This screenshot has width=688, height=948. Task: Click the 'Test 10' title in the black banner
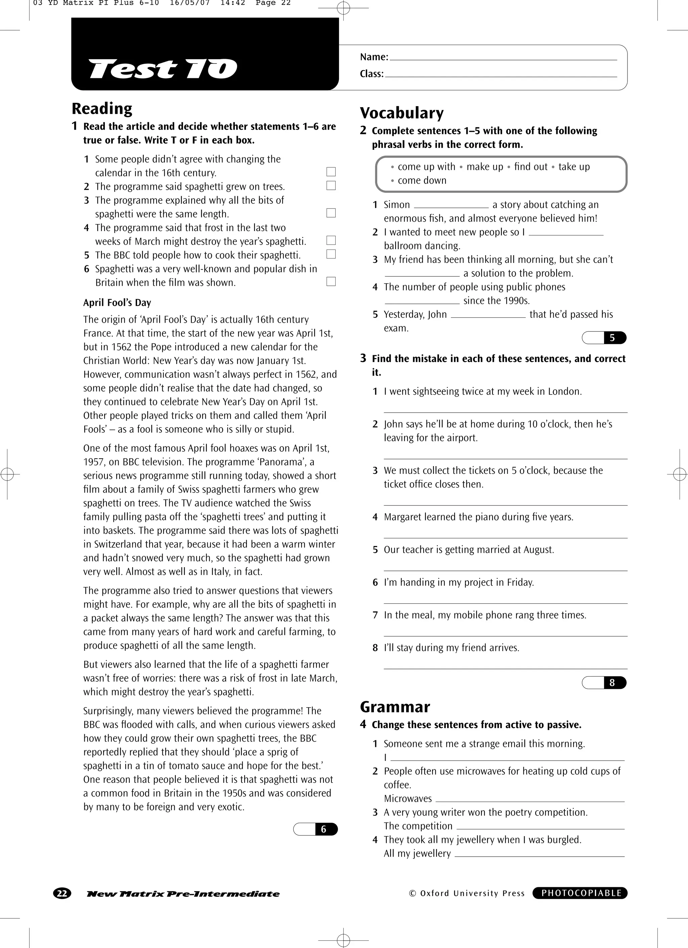(x=163, y=69)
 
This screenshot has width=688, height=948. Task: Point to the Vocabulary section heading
(x=401, y=113)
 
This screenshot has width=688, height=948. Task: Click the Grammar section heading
(x=394, y=707)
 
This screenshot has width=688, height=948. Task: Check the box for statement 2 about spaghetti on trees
(x=331, y=186)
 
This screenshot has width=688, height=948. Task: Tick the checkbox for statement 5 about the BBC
(x=331, y=254)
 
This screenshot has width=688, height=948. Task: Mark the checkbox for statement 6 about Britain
(x=331, y=281)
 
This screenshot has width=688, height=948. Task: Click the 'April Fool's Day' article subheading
(x=117, y=303)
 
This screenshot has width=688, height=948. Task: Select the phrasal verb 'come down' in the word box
(x=422, y=181)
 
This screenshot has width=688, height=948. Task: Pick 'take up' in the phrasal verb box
(x=574, y=167)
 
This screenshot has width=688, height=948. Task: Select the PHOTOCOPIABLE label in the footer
(x=580, y=893)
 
